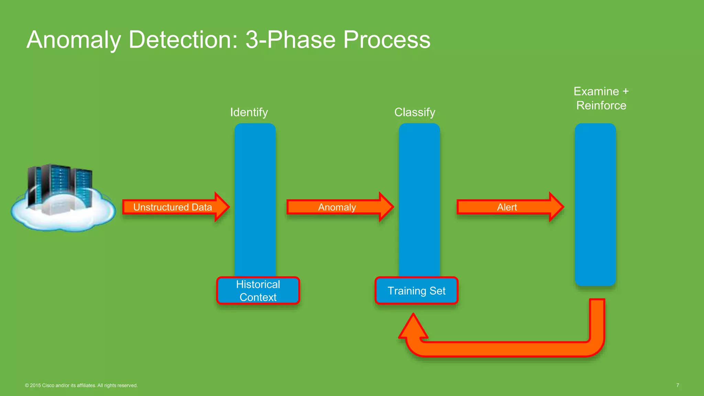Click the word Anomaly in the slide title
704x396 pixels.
[x=74, y=40]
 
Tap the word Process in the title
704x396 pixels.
[x=386, y=40]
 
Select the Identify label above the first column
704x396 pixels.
[x=249, y=112]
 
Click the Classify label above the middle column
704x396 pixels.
[x=415, y=112]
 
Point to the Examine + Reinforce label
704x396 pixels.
[x=601, y=98]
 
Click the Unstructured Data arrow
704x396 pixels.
[x=173, y=207]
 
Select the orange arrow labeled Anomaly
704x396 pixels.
[x=337, y=207]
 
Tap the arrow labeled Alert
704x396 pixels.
[x=507, y=207]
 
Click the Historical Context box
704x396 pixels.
[x=258, y=291]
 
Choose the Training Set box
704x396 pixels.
[x=416, y=291]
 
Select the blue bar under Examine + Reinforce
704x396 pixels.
[x=595, y=205]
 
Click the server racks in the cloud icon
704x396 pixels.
[x=60, y=186]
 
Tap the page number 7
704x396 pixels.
[x=678, y=385]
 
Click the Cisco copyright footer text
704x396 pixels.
[x=81, y=385]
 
